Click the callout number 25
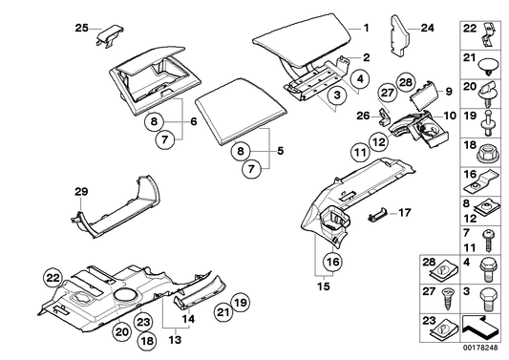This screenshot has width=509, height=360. click(x=80, y=26)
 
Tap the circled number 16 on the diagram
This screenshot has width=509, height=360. click(x=329, y=261)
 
